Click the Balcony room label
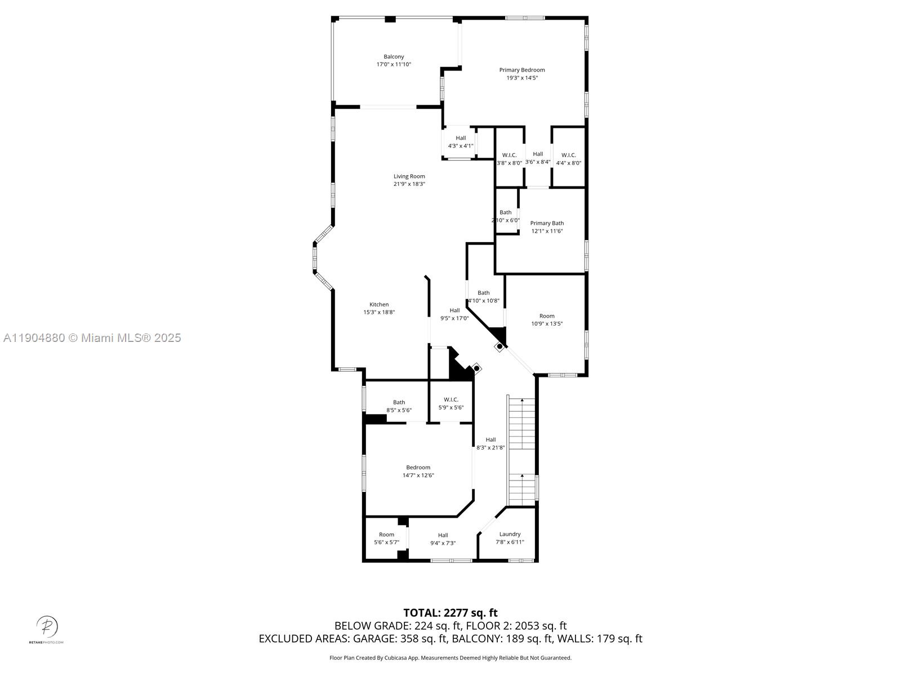(394, 57)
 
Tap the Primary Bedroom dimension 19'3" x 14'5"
(522, 78)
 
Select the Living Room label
(409, 176)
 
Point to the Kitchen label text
(379, 305)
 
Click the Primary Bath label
(547, 223)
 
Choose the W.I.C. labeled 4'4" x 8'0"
(568, 155)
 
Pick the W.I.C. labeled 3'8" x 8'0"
(509, 155)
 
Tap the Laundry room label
(510, 534)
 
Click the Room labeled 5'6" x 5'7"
(386, 535)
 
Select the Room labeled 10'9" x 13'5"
(547, 316)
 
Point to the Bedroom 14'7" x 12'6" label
(418, 468)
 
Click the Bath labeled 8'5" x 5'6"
(399, 402)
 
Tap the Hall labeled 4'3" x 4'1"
(461, 138)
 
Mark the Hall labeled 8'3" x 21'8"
(490, 440)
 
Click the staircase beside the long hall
(522, 451)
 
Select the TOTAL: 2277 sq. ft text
(450, 612)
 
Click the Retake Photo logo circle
(47, 626)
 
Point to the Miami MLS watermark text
(92, 338)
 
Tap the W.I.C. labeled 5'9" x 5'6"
(451, 400)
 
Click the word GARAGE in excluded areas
(375, 639)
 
